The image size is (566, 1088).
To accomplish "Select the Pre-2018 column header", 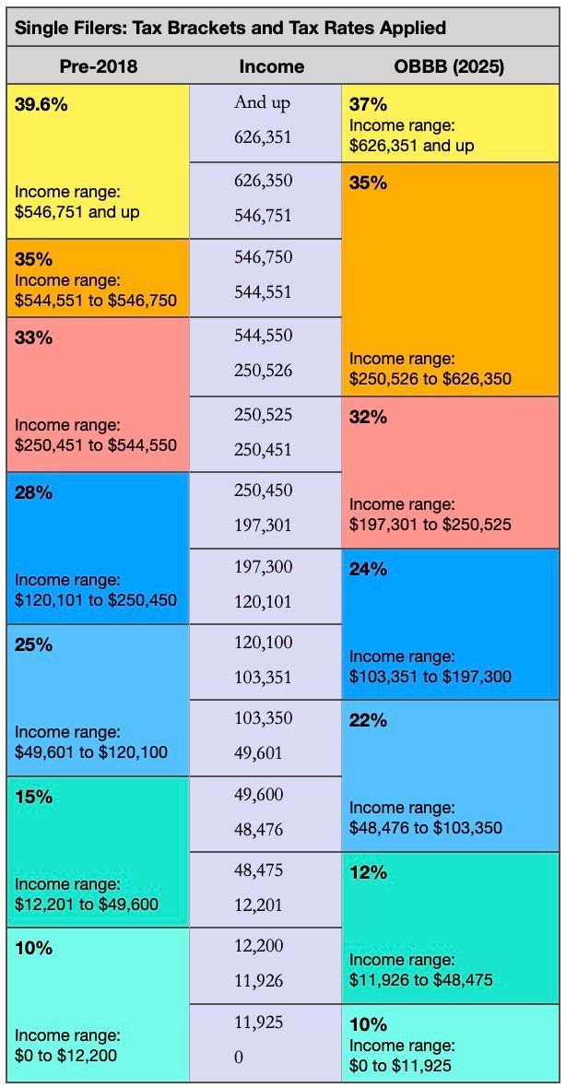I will pyautogui.click(x=98, y=66).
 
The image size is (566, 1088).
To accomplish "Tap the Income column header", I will pyautogui.click(x=271, y=66).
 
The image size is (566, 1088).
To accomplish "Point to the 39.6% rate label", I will pyautogui.click(x=41, y=103).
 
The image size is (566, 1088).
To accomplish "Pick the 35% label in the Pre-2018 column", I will pyautogui.click(x=33, y=259).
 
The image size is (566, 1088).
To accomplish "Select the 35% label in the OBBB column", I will pyautogui.click(x=368, y=183).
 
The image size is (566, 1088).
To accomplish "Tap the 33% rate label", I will pyautogui.click(x=33, y=337).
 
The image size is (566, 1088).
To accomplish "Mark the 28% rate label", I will pyautogui.click(x=33, y=492).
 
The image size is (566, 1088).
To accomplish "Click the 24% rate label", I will pyautogui.click(x=368, y=569).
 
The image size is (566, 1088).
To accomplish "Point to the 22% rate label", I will pyautogui.click(x=368, y=720).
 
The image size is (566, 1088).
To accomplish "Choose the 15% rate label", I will pyautogui.click(x=33, y=797).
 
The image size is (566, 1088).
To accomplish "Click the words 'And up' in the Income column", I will pyautogui.click(x=263, y=102).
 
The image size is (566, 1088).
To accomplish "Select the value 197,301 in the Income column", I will pyautogui.click(x=263, y=525).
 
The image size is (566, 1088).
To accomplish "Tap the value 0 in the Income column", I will pyautogui.click(x=239, y=1058).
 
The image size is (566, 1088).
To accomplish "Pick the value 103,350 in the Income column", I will pyautogui.click(x=263, y=717).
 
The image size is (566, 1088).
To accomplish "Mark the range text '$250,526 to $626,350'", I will pyautogui.click(x=430, y=378).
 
